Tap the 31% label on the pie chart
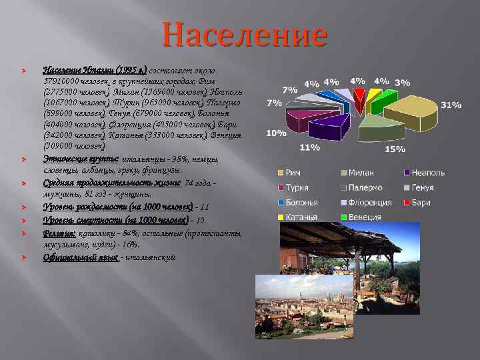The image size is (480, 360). pyautogui.click(x=451, y=105)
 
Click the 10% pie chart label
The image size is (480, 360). pyautogui.click(x=276, y=133)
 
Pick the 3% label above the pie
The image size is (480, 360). pyautogui.click(x=402, y=83)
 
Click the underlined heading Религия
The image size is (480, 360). pyautogui.click(x=59, y=233)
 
